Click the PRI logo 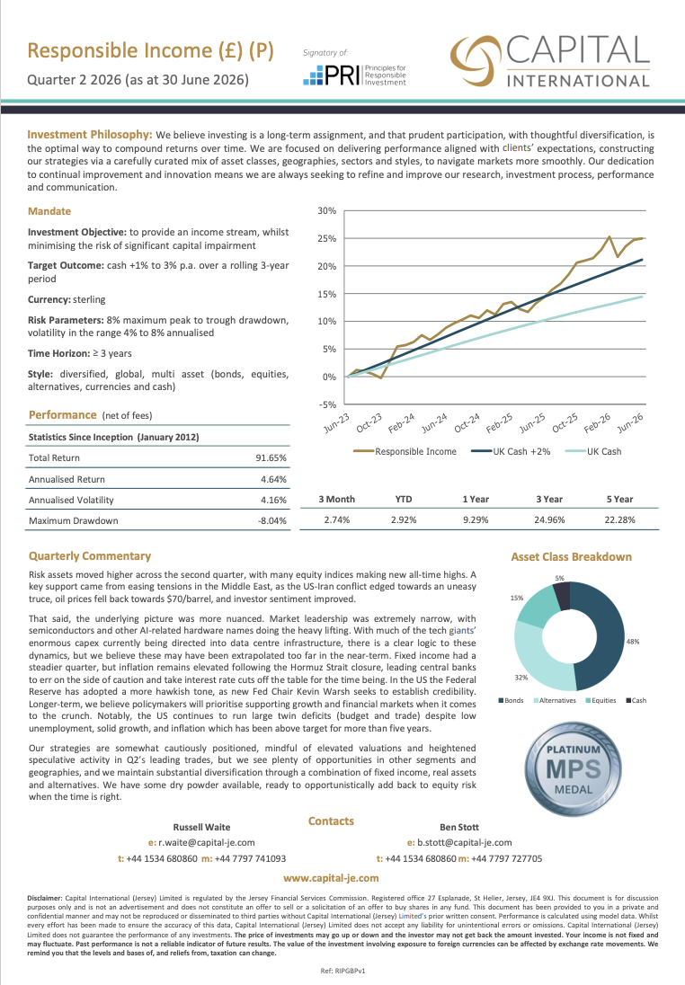pyautogui.click(x=354, y=75)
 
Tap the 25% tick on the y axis pyautogui.click(x=327, y=239)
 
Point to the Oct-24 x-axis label pyautogui.click(x=467, y=422)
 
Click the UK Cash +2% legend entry pyautogui.click(x=511, y=452)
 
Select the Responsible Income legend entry pyautogui.click(x=405, y=452)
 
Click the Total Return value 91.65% pyautogui.click(x=271, y=458)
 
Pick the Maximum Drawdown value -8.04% pyautogui.click(x=272, y=520)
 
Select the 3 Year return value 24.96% pyautogui.click(x=549, y=520)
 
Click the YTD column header pyautogui.click(x=404, y=500)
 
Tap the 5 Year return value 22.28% pyautogui.click(x=619, y=520)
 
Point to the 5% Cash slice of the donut pyautogui.click(x=562, y=596)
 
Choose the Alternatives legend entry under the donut pyautogui.click(x=555, y=700)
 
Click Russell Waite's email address pyautogui.click(x=201, y=843)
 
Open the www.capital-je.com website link pyautogui.click(x=331, y=878)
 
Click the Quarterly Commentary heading pyautogui.click(x=90, y=556)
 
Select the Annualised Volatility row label pyautogui.click(x=71, y=500)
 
